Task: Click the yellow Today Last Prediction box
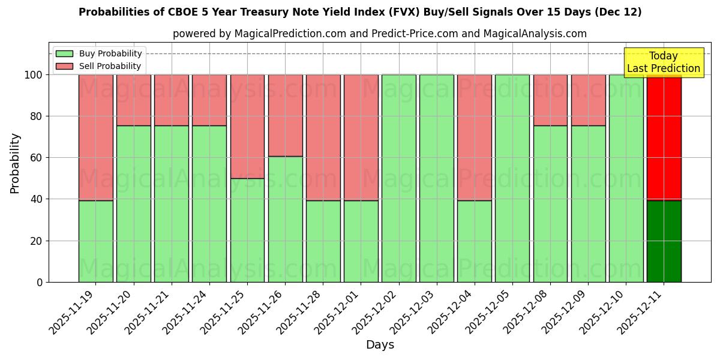(x=664, y=62)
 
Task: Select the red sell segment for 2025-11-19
(x=96, y=137)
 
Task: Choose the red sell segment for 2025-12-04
(x=474, y=137)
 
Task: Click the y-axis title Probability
(x=15, y=163)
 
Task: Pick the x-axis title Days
(x=380, y=345)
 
